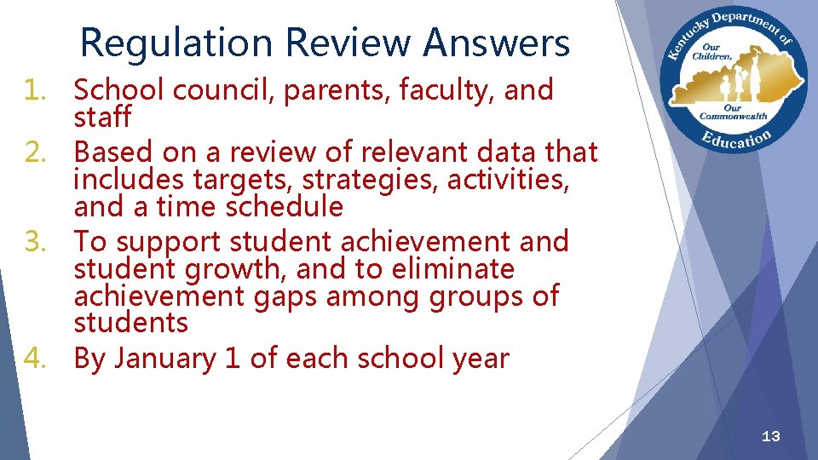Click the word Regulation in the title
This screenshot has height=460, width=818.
click(176, 43)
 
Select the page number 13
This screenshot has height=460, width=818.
click(770, 437)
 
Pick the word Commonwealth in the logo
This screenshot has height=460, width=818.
click(734, 116)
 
